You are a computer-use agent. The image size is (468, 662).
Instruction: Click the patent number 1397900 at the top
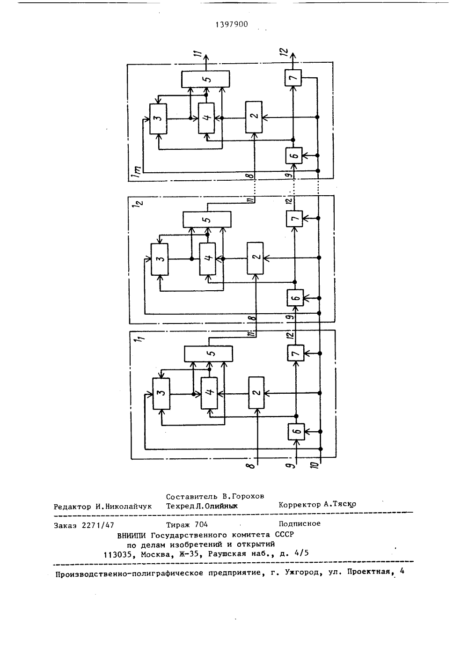tap(232, 24)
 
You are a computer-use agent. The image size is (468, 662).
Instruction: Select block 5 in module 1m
tap(205, 79)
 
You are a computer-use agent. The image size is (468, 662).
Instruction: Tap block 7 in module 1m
tap(293, 78)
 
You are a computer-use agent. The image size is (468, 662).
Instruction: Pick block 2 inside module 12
tap(255, 258)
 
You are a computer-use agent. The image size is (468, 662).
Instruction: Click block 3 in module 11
tap(161, 393)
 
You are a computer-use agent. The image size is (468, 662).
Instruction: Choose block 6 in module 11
tap(296, 431)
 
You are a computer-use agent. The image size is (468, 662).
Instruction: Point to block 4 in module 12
tap(207, 259)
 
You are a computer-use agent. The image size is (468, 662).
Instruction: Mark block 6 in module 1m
tap(294, 155)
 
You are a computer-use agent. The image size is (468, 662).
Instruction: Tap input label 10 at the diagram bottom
tap(315, 465)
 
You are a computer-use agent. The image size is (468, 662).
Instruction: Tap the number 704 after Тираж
tap(201, 524)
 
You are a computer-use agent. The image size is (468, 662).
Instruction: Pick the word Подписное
tap(300, 524)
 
